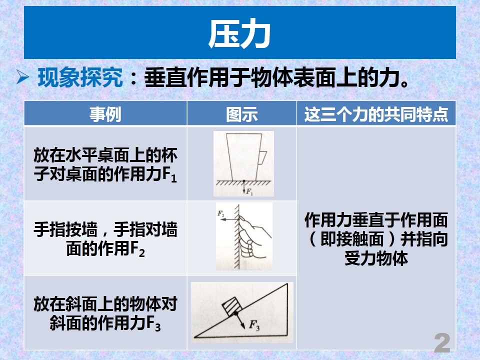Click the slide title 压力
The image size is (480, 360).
click(239, 34)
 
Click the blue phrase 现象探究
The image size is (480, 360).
click(80, 78)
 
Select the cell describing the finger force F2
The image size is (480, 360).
click(105, 238)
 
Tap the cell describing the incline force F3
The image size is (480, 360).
click(105, 312)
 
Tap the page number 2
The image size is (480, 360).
click(442, 343)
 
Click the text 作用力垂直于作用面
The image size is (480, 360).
click(376, 220)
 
